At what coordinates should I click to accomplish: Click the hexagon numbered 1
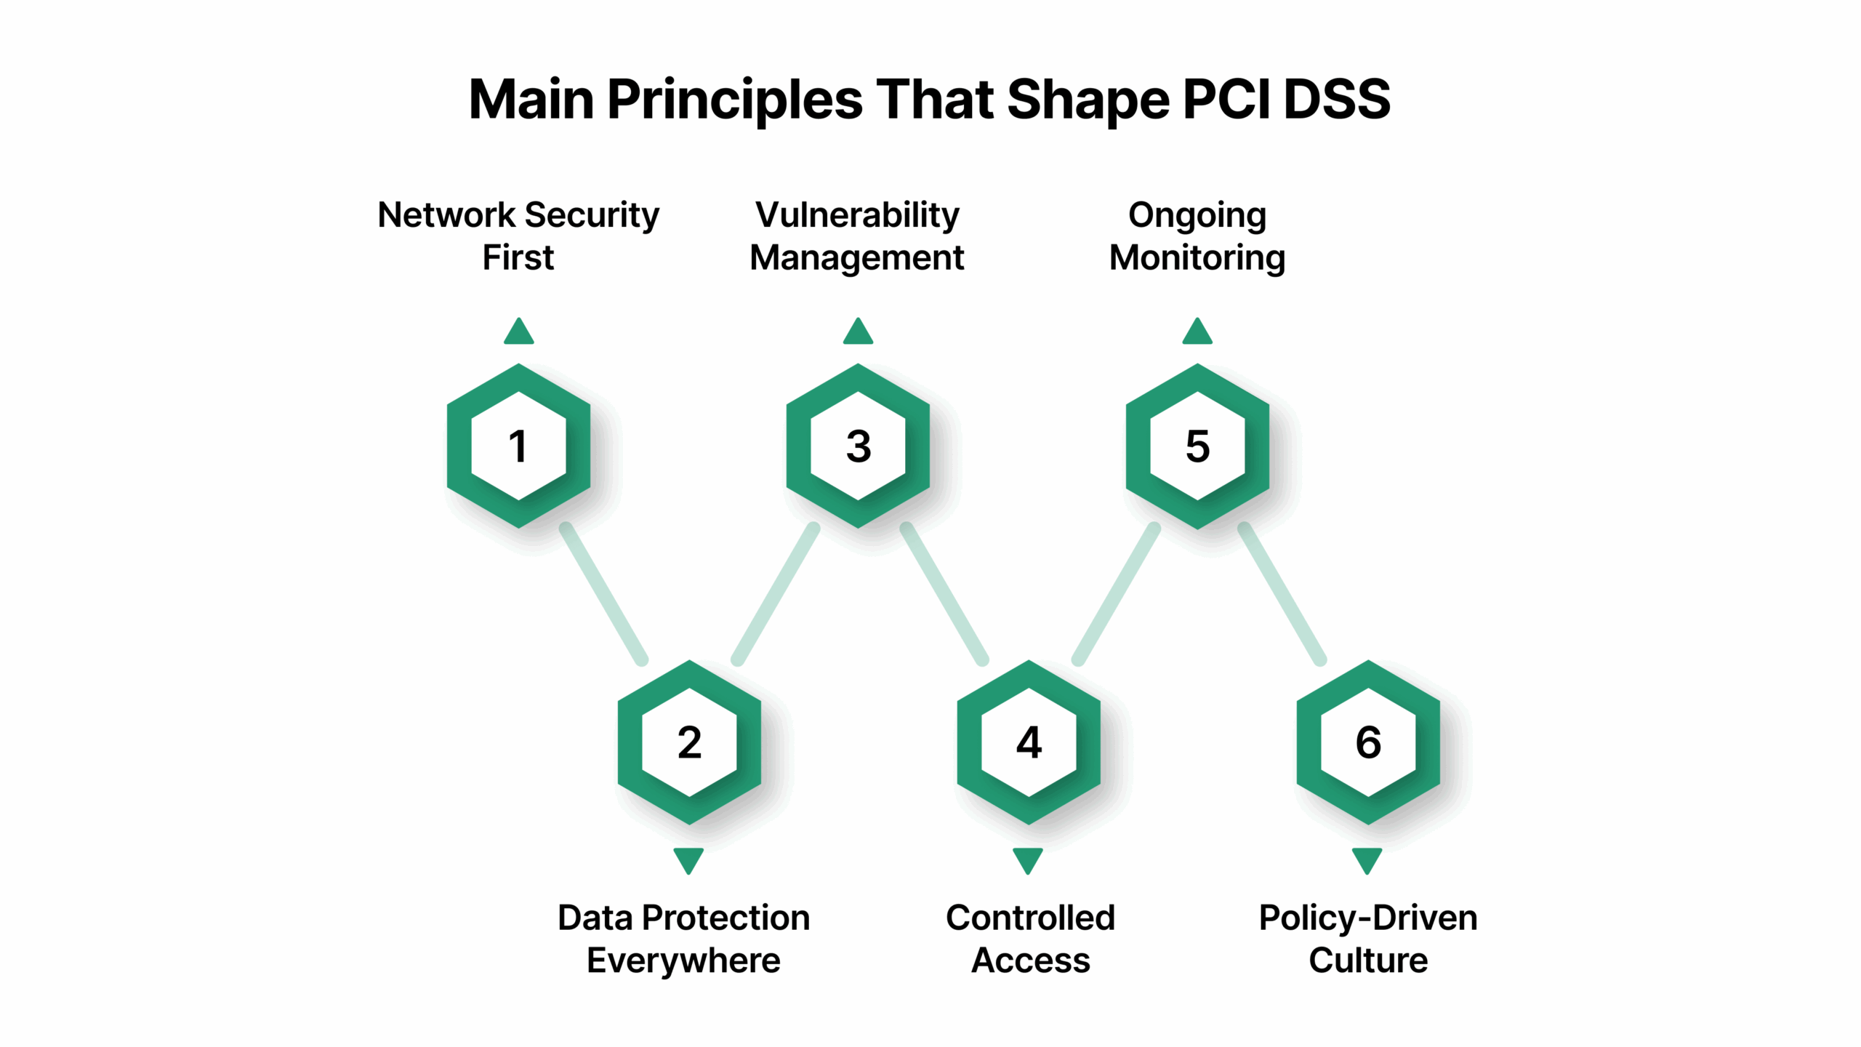(518, 446)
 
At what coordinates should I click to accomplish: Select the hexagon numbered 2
(689, 742)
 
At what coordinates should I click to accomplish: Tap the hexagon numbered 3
(858, 446)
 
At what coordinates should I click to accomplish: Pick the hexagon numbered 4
(1029, 742)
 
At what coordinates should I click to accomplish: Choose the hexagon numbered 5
(1197, 446)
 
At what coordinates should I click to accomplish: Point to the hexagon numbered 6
(1368, 742)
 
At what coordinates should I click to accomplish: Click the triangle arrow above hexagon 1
(518, 332)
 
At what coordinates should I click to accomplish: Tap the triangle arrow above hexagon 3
(858, 332)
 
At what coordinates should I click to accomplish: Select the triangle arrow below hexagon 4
(1028, 860)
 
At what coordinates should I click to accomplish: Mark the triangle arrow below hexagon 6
(1367, 860)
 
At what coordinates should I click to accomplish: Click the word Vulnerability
(857, 215)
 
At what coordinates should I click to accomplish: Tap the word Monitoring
(1197, 258)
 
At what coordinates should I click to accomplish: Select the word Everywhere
(683, 961)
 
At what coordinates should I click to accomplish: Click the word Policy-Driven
(1367, 918)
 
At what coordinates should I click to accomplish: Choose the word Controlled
(1030, 918)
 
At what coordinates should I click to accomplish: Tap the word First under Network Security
(518, 258)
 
